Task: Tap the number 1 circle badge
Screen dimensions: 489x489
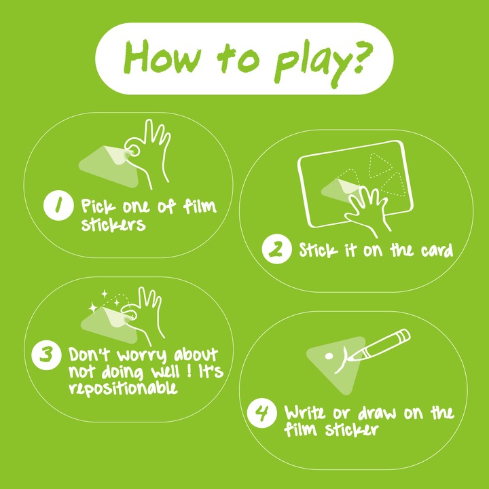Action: click(58, 206)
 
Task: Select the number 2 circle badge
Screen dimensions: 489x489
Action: click(276, 249)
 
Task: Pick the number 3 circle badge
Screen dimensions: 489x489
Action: click(46, 355)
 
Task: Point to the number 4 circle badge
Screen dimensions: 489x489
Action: click(261, 413)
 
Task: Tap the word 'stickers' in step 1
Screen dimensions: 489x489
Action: click(113, 223)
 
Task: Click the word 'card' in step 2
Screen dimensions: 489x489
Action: click(437, 250)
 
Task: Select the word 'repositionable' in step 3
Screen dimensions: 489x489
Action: click(123, 388)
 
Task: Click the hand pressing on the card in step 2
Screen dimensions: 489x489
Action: click(368, 211)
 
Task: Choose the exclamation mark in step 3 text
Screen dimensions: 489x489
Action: click(189, 371)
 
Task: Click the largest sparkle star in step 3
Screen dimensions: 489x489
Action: click(93, 308)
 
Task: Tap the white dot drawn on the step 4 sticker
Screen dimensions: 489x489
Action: click(329, 356)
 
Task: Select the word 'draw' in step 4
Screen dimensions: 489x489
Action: click(377, 413)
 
